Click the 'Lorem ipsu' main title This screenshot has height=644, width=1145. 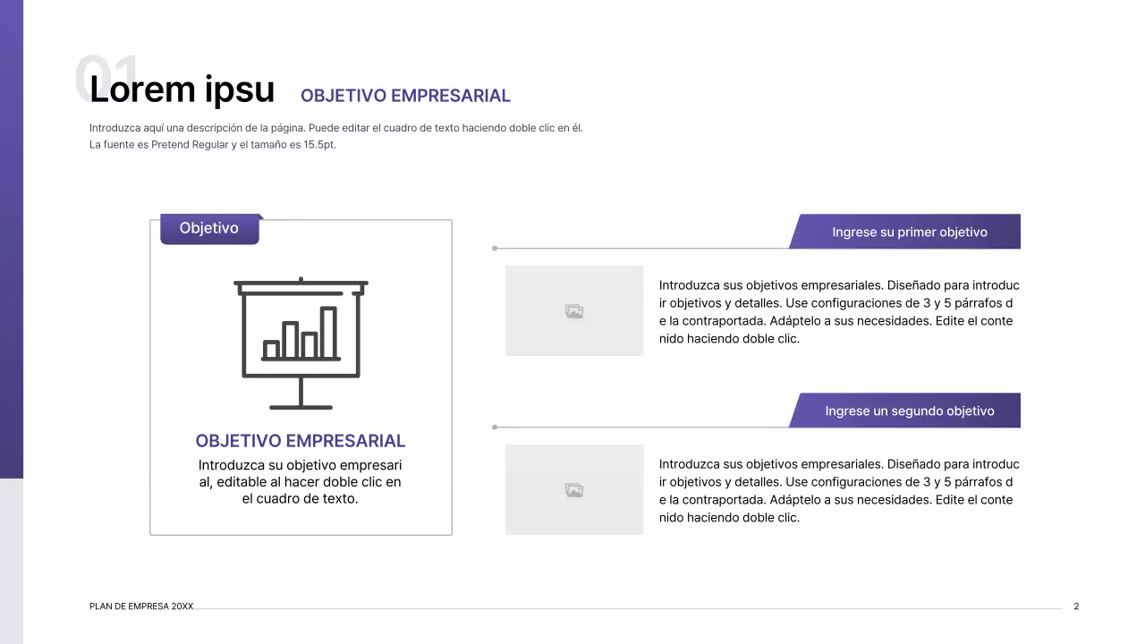coord(182,89)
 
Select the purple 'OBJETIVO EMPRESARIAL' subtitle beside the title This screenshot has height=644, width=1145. coord(405,96)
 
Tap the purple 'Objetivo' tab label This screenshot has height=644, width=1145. coord(209,229)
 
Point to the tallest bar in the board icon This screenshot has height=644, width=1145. coord(328,333)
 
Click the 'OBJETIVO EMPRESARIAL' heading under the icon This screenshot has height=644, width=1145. coord(301,441)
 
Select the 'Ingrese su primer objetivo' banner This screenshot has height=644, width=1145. coord(909,233)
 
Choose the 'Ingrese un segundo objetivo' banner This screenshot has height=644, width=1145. coord(909,411)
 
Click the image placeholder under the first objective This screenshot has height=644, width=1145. coord(574,311)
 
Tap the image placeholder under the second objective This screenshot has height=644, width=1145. coord(574,490)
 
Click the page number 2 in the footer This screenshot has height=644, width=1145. coord(1076,606)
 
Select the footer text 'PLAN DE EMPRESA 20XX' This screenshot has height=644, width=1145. coord(141,606)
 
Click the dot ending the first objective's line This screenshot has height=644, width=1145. coord(495,249)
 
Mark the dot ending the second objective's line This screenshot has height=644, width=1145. coord(495,428)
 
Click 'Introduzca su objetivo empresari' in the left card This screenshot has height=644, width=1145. coord(301,465)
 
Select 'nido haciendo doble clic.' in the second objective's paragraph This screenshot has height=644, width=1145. coord(729,518)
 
